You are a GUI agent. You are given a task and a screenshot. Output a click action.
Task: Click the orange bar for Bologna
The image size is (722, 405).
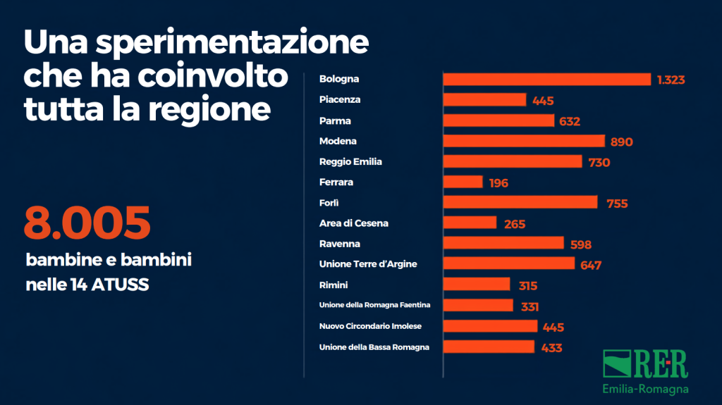[x=547, y=79]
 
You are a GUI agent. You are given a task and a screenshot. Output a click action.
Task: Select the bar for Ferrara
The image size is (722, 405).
[x=463, y=182]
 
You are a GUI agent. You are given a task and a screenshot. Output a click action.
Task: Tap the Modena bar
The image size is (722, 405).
[x=524, y=141]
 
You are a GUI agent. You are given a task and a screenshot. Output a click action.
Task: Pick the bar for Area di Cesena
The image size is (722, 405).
[x=470, y=223]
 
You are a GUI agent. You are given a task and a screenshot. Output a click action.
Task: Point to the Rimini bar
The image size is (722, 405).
[x=477, y=285]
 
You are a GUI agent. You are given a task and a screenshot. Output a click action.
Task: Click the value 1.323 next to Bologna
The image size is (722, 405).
[x=671, y=80]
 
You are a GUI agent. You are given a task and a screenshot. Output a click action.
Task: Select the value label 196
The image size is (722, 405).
[x=498, y=183]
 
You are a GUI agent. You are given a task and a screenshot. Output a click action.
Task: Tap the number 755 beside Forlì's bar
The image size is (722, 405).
[x=617, y=204]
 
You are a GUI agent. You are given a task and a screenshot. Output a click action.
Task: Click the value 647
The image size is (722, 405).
[x=591, y=266]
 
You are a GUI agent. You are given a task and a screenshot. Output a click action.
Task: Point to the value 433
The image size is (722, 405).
[x=551, y=348]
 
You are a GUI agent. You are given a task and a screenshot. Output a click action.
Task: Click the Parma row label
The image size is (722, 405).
[x=335, y=120]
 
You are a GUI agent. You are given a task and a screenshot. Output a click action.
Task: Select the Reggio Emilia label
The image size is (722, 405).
[x=350, y=161]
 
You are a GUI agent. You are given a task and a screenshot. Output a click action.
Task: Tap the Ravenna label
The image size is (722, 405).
[x=339, y=244]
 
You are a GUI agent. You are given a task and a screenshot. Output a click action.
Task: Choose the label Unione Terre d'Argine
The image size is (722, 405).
[x=368, y=263]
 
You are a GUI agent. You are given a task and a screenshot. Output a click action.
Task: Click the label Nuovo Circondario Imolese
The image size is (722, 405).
[x=370, y=326]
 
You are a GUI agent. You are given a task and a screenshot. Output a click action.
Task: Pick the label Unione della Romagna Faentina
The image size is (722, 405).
[x=375, y=305]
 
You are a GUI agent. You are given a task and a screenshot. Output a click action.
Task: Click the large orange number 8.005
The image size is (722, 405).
[x=87, y=223]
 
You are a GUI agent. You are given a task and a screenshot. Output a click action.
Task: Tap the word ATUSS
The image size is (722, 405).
[x=120, y=285]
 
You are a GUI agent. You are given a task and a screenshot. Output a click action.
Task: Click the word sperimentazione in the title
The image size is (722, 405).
[x=232, y=43]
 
